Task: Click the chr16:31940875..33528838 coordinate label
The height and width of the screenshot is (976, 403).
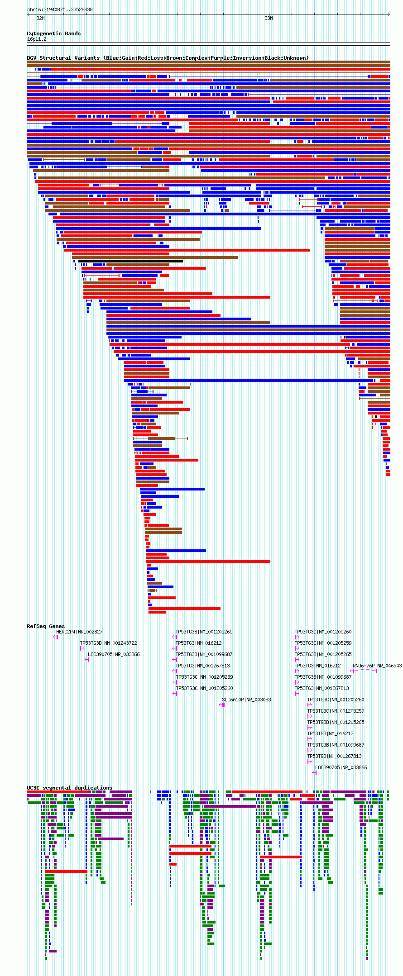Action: (60, 10)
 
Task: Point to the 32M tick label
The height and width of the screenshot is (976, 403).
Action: (40, 18)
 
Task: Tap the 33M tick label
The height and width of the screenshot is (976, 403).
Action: (269, 18)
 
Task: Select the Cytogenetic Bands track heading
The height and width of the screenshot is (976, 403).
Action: (53, 33)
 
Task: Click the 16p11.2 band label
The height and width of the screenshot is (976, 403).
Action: (37, 39)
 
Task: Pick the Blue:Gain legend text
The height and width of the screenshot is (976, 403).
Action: (120, 58)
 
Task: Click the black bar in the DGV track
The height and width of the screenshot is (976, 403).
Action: (130, 261)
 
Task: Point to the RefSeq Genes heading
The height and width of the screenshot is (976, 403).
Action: (46, 626)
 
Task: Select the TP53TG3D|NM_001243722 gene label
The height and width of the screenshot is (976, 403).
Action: (108, 643)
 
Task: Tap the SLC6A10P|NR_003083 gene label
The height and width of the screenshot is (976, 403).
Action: (246, 700)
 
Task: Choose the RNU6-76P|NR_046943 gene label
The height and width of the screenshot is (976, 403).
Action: (377, 666)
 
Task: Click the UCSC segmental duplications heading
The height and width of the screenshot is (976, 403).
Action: (69, 788)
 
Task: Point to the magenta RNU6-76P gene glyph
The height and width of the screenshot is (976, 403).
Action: (364, 671)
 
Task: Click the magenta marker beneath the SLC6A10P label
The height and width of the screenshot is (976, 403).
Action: (222, 705)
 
